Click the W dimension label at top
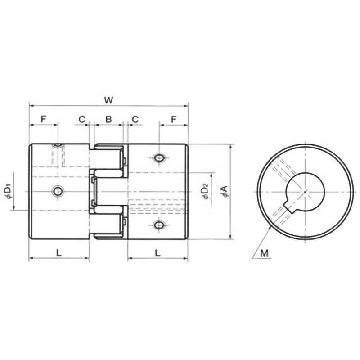(108, 100)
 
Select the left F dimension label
(43, 119)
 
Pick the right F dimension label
(174, 119)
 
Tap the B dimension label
(108, 119)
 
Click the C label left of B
(82, 119)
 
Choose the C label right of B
(135, 119)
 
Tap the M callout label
(265, 253)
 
